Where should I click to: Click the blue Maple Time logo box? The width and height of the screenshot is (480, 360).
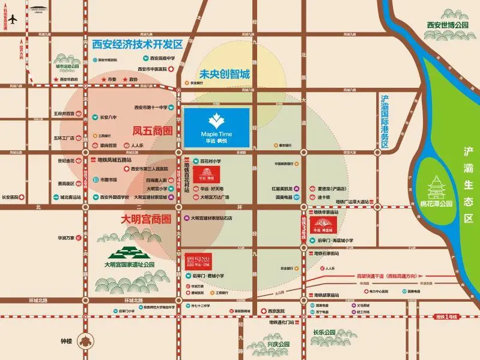(x=216, y=127)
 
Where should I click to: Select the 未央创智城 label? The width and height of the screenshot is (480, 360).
(x=225, y=75)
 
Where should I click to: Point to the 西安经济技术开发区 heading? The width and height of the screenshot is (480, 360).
(x=137, y=44)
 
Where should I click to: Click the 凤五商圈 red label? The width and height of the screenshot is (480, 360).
(x=152, y=130)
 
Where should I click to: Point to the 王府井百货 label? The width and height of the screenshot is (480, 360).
(x=64, y=113)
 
